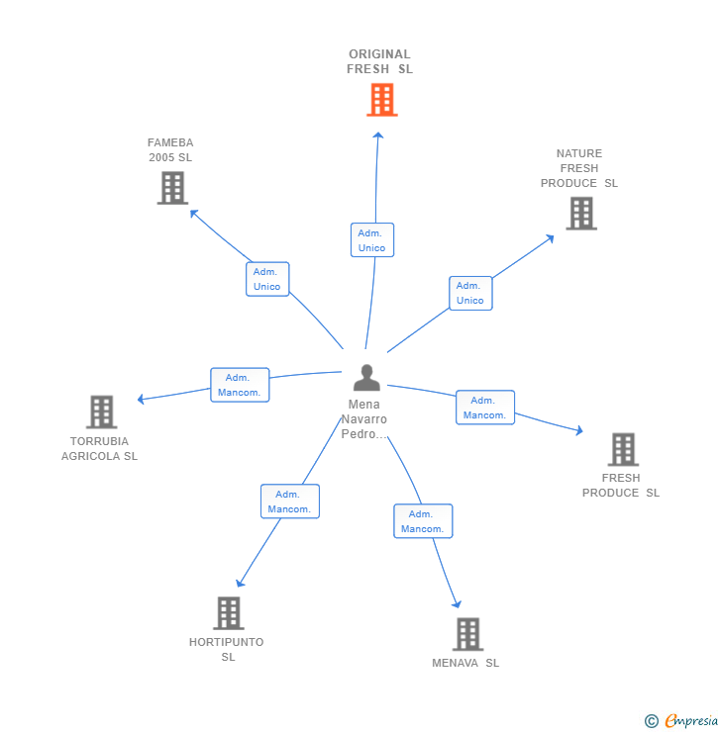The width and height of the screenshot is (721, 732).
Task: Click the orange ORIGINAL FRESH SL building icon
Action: (381, 100)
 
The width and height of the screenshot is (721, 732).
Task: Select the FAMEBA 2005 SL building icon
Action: (172, 188)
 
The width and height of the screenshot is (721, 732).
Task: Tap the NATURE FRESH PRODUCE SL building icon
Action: (581, 214)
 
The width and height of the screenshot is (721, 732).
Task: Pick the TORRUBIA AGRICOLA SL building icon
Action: (101, 412)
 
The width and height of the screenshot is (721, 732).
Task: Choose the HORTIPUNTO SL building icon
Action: (229, 613)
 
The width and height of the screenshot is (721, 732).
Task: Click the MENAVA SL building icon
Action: (467, 634)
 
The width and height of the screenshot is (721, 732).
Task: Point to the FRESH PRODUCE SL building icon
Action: (623, 449)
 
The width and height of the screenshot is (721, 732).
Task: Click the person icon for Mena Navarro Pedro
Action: (366, 377)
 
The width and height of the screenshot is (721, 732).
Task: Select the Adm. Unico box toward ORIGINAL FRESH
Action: (372, 240)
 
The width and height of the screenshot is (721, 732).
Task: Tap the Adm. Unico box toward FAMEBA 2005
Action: (267, 279)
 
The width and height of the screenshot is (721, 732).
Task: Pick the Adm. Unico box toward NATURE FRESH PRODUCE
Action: (470, 293)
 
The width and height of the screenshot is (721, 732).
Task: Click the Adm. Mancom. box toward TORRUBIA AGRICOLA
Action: (240, 385)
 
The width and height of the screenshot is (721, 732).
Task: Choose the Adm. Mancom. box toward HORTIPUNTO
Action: (290, 502)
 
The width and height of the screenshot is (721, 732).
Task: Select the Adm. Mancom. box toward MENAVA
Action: (423, 521)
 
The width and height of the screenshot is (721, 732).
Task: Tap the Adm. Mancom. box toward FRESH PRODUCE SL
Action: (485, 408)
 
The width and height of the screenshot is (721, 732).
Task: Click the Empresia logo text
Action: (691, 720)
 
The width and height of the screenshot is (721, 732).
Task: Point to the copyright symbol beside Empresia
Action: (652, 721)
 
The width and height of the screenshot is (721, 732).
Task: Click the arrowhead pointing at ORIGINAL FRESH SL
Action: (378, 136)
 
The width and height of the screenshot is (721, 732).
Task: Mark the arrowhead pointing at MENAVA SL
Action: (457, 604)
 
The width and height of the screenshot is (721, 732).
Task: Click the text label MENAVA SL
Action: (465, 663)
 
